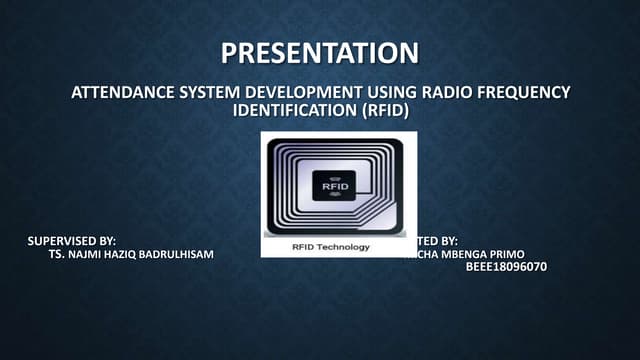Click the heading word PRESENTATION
[x=319, y=52]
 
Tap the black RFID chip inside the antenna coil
[x=333, y=185]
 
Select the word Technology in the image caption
[x=344, y=246]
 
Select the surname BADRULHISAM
[x=180, y=255]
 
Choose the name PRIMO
[x=507, y=255]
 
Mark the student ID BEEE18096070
[x=506, y=268]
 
